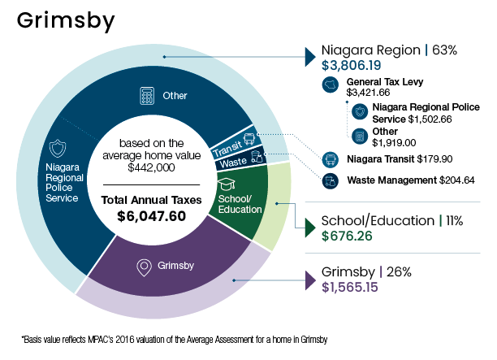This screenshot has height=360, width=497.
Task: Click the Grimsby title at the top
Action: pos(66,21)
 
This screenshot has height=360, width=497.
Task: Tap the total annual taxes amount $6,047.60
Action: pos(151,216)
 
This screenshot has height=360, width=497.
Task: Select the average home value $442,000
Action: pos(151,167)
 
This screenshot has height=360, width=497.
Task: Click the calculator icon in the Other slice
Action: pos(147,95)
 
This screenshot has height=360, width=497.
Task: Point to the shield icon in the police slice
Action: pos(58,148)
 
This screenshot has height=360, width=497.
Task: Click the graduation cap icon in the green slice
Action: pos(227,184)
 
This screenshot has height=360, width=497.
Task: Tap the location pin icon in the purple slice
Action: pos(144,267)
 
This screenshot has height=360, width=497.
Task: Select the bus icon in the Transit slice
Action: pos(248,139)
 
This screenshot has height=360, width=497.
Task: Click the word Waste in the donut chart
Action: pos(233,163)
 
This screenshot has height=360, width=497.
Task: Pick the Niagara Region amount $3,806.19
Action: pos(351,65)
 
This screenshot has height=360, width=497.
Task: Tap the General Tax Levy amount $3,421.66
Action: pos(368,93)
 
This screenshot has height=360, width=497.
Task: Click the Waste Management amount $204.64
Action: pos(456,180)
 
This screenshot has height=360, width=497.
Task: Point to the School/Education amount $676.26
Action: pos(347,236)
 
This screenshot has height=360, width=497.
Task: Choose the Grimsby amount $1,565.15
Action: pos(350,288)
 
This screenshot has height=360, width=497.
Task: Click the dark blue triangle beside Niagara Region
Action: pos(310,57)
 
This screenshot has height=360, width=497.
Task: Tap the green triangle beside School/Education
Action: pos(310,228)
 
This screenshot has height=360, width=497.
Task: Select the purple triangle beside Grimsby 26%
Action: pos(310,280)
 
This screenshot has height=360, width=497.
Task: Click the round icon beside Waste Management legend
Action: pos(331,181)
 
